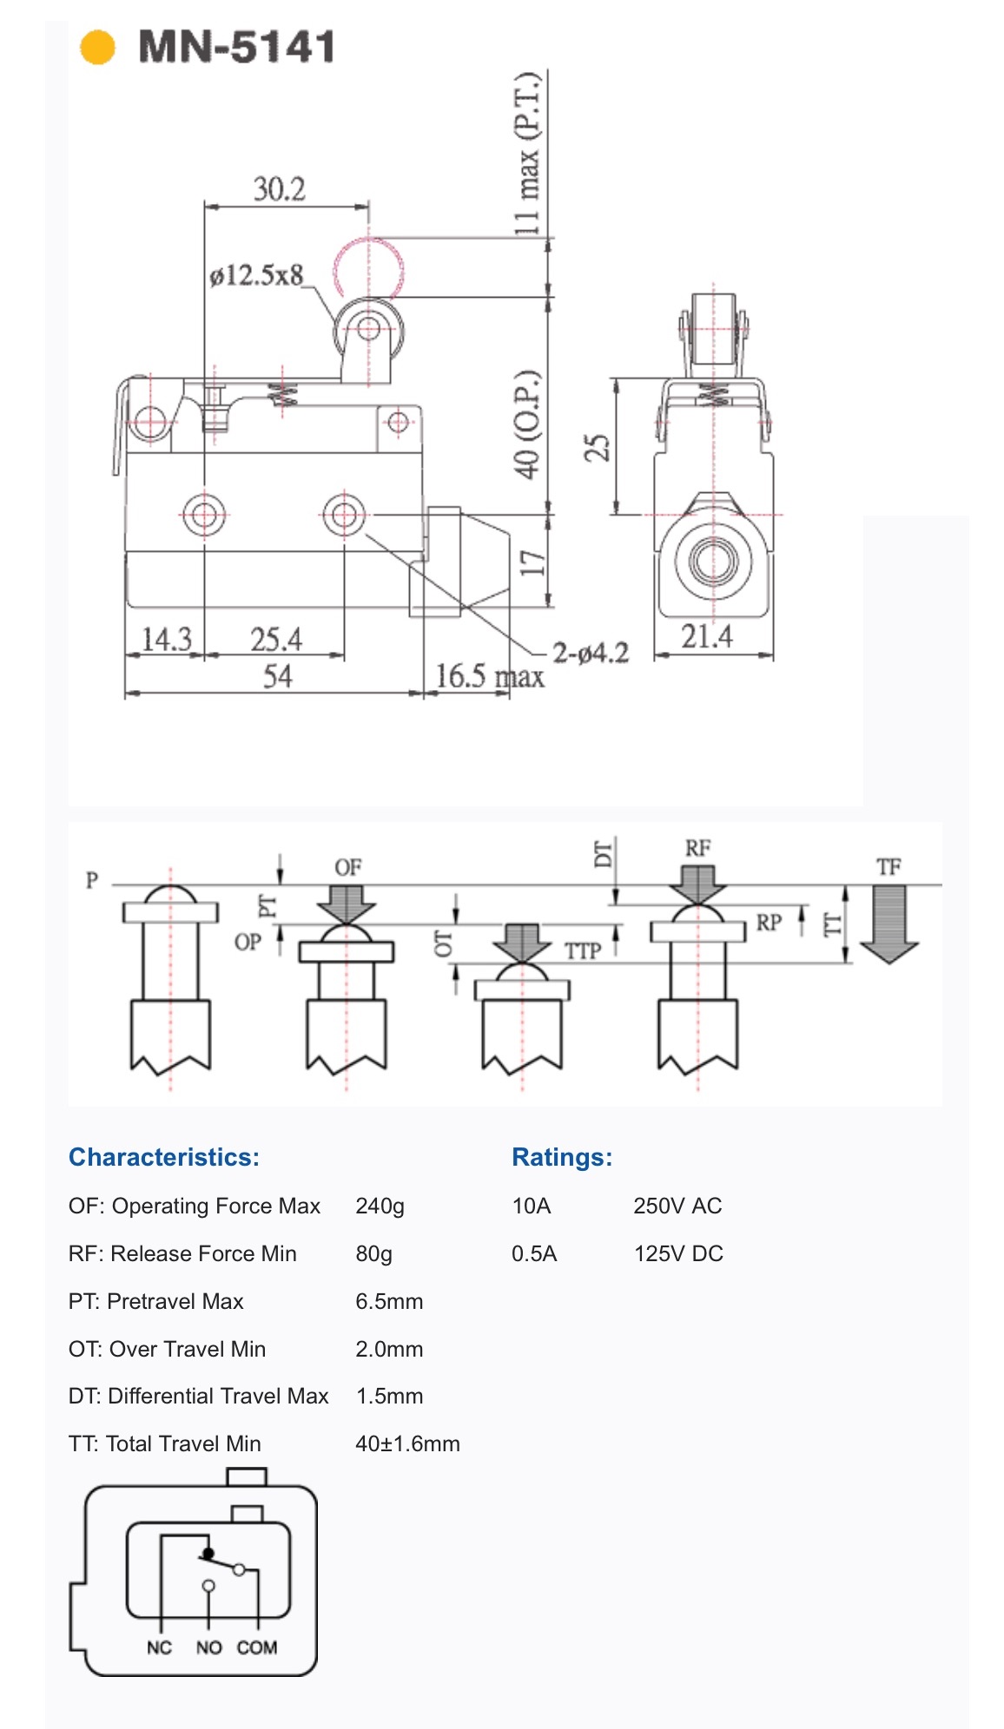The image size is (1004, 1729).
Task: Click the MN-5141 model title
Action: click(236, 47)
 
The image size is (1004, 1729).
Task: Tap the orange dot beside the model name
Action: click(97, 47)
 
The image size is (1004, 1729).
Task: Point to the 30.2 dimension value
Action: click(279, 188)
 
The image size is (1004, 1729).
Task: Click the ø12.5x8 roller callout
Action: click(256, 275)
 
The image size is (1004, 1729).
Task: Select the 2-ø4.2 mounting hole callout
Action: click(591, 653)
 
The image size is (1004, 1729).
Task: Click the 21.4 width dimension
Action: click(706, 636)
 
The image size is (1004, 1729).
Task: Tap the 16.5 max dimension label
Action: click(490, 676)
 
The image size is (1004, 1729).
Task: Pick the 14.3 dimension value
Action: click(166, 640)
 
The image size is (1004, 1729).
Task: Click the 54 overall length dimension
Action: click(277, 676)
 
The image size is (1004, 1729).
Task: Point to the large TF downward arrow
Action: click(888, 924)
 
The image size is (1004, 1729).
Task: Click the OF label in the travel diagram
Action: click(347, 867)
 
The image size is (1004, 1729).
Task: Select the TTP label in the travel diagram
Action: click(583, 951)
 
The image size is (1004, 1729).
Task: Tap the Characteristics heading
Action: click(164, 1157)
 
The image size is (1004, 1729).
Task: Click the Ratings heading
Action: click(562, 1157)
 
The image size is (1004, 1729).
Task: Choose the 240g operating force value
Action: click(380, 1206)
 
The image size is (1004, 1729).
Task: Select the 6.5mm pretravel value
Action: click(389, 1301)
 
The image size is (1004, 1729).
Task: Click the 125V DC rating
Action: click(678, 1253)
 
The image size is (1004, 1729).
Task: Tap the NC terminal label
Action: click(159, 1647)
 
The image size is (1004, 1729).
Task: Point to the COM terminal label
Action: click(257, 1647)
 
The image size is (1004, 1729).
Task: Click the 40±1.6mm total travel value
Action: click(407, 1443)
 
